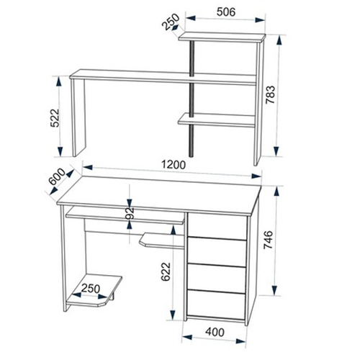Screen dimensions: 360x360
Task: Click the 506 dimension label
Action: click(x=226, y=12)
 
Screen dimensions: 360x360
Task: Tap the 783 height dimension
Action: click(x=270, y=94)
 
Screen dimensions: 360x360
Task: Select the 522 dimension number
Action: click(x=55, y=118)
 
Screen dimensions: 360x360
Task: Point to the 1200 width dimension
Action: click(x=174, y=165)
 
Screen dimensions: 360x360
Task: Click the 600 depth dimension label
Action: click(x=57, y=176)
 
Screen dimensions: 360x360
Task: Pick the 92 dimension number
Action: click(x=130, y=212)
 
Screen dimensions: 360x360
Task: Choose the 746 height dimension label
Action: click(x=268, y=240)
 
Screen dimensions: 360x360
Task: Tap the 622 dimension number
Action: click(x=166, y=271)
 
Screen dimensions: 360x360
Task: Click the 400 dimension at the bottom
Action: click(x=215, y=332)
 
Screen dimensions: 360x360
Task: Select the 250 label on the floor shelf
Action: click(x=91, y=289)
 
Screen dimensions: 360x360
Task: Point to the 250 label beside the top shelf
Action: click(x=171, y=22)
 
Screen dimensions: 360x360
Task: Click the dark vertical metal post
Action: click(x=192, y=99)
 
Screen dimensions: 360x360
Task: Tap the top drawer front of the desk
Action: click(x=217, y=225)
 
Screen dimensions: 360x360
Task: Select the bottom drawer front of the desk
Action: click(x=216, y=304)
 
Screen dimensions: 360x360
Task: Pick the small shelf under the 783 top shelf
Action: click(x=216, y=120)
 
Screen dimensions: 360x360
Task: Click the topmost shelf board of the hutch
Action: click(x=222, y=37)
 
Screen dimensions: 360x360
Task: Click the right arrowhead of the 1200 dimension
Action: click(x=256, y=176)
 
